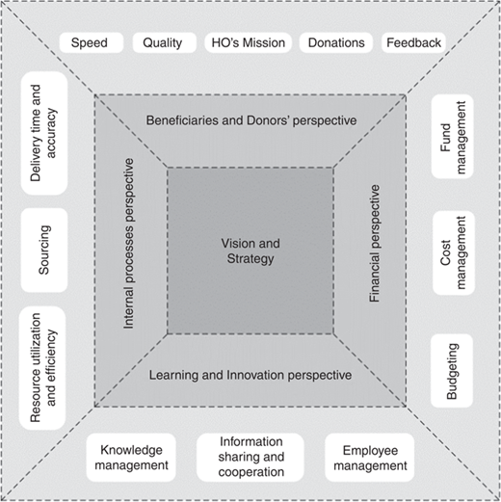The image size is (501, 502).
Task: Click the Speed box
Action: coord(92,42)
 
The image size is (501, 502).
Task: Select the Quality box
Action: coord(165,42)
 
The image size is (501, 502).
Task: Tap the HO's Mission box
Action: coord(249,42)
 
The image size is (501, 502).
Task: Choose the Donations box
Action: coord(336,42)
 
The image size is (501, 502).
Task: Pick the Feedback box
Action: coord(413,42)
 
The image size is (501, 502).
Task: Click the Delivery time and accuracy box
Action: coord(44,133)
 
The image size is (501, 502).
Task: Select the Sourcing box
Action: coord(44,251)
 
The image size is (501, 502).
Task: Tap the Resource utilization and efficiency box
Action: coord(42,368)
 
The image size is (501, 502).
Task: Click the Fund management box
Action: coord(453,137)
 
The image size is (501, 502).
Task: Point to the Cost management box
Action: coord(454,252)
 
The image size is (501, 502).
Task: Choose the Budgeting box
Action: coord(452,371)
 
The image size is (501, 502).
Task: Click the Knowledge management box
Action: coord(131,458)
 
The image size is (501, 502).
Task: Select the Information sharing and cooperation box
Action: coord(250,458)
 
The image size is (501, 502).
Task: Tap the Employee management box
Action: coord(370,458)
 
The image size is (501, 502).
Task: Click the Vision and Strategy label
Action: coord(250,251)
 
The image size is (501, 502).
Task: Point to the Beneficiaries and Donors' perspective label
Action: coord(251,120)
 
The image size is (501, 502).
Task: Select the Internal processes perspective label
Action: coord(128,244)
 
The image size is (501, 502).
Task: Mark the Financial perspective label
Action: coord(375,243)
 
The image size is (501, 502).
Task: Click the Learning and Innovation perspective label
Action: coord(250,375)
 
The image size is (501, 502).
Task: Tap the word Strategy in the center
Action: coord(250,258)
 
